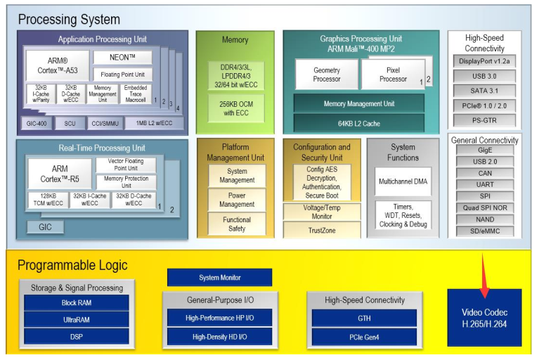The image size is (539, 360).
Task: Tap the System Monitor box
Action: [x=219, y=278]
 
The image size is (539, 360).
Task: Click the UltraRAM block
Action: [x=76, y=319]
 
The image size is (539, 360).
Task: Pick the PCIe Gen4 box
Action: [x=364, y=336]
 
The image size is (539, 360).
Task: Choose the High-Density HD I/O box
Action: [x=219, y=336]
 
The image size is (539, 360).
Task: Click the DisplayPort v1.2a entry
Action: [x=484, y=61]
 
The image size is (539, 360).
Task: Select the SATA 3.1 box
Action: [x=484, y=90]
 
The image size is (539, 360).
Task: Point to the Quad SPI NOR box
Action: [x=484, y=208]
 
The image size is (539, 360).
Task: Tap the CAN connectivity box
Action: [x=484, y=173]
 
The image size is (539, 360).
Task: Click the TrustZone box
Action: [x=321, y=229]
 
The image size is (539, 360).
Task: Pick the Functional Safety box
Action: [x=237, y=224]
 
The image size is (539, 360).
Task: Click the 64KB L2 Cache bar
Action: [x=358, y=123]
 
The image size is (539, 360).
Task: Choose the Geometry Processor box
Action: [x=326, y=75]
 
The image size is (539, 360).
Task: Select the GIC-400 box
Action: [x=39, y=124]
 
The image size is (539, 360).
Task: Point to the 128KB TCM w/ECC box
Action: [x=48, y=199]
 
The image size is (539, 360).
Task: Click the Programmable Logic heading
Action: [x=72, y=265]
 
